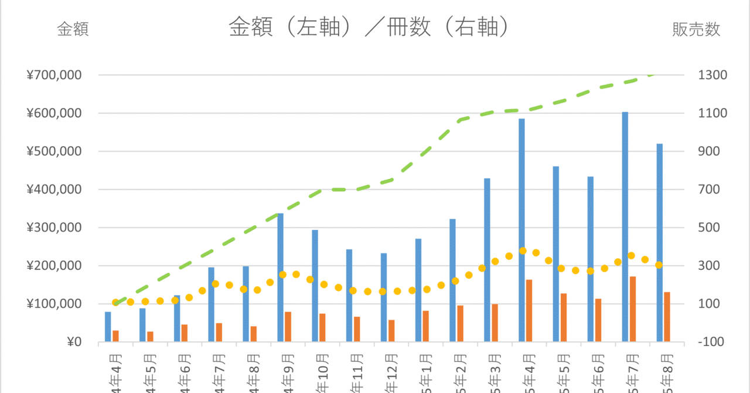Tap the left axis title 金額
click(73, 30)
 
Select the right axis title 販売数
click(696, 30)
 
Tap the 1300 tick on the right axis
click(712, 75)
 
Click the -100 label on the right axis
click(710, 342)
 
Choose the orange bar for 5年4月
click(529, 311)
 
